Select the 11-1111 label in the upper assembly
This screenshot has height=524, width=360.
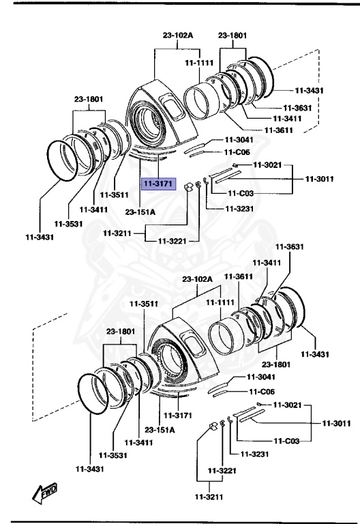199,63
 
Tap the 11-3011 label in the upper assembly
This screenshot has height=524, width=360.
319,179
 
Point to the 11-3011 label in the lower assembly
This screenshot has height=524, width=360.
336,423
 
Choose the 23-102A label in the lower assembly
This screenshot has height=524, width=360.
198,280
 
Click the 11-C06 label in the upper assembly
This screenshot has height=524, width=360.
237,151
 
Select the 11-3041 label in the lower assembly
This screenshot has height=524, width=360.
260,377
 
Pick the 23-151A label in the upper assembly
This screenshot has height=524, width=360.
140,212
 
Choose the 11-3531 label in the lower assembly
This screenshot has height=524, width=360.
112,455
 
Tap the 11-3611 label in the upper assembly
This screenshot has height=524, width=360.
262,130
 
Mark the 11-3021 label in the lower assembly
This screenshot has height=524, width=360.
287,405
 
